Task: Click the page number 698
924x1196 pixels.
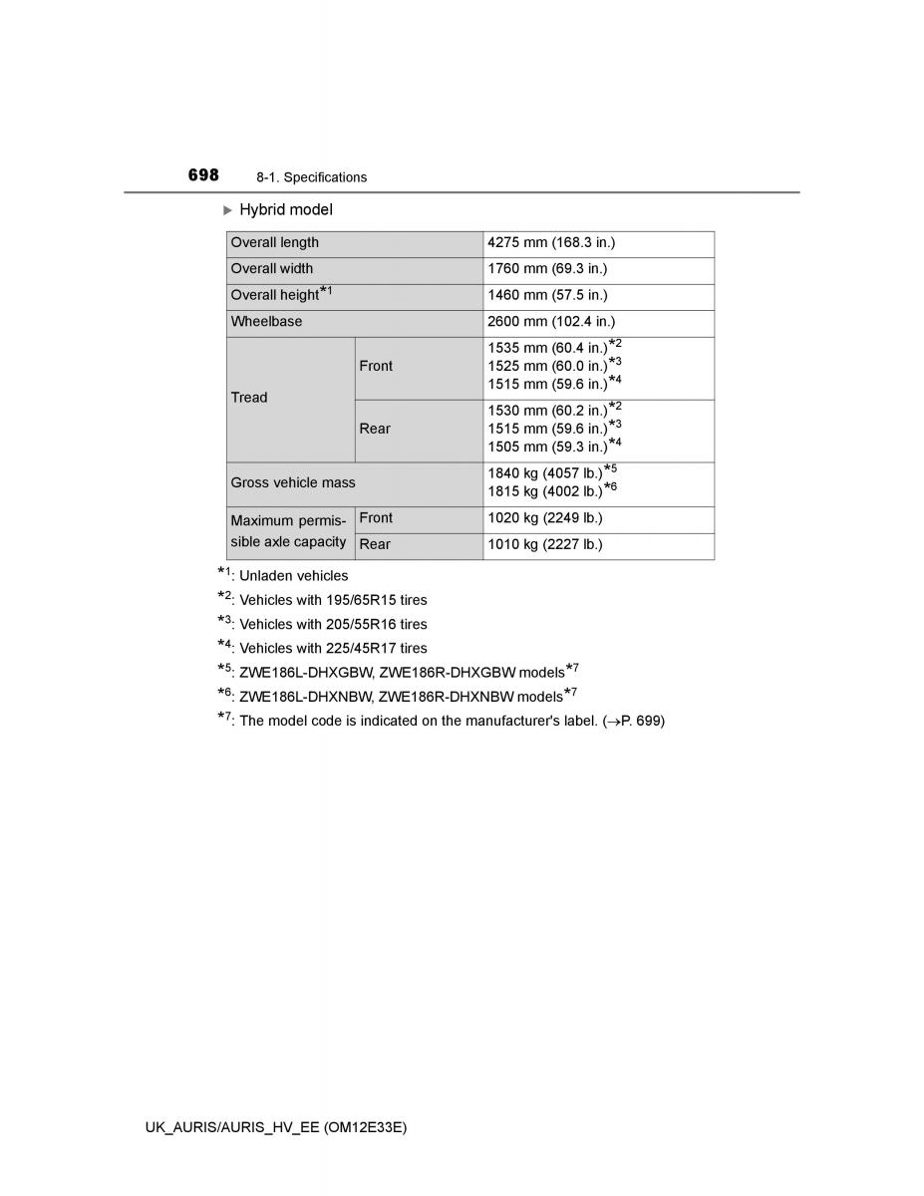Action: coord(203,175)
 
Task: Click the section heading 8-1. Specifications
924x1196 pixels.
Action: coord(311,177)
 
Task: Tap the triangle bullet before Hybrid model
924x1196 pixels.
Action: coord(227,210)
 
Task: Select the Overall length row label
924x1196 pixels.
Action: coord(275,243)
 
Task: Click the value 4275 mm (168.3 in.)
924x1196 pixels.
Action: coord(551,243)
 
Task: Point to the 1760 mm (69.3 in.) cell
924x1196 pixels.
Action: coord(547,269)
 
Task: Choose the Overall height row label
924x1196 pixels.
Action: coord(275,295)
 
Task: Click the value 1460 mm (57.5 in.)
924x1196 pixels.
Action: coord(547,295)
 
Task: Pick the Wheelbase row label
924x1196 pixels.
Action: coord(266,322)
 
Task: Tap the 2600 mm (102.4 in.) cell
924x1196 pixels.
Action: coord(551,322)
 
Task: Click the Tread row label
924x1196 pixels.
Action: coord(249,398)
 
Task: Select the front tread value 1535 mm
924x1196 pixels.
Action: coord(548,348)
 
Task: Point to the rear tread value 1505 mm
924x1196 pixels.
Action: coord(548,447)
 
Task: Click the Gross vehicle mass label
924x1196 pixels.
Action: coord(293,482)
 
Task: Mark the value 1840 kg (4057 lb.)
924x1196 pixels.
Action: coord(546,473)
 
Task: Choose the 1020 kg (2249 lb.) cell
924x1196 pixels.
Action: coord(545,518)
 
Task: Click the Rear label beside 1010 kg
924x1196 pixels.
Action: coord(375,545)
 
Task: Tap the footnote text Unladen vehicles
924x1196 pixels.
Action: coord(294,576)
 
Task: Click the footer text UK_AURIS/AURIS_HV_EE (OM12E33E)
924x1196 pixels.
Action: coord(276,1126)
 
